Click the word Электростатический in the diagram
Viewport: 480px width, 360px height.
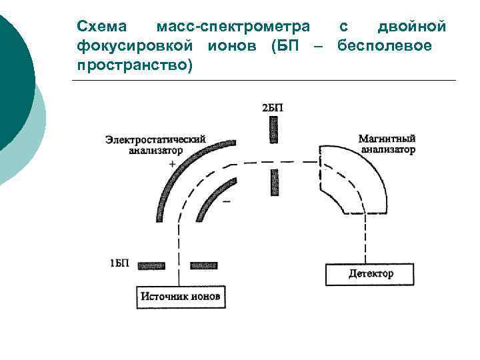tap(155, 139)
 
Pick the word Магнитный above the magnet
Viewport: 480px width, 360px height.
tap(387, 139)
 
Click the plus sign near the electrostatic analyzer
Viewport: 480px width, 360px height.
tap(173, 163)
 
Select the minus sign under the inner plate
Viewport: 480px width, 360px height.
tap(227, 200)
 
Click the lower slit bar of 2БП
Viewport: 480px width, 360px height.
tap(273, 182)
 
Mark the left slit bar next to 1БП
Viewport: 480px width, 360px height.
tap(152, 265)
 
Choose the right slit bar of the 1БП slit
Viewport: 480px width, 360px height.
tap(203, 265)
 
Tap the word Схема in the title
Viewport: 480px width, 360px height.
tap(99, 27)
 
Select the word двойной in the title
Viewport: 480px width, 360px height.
tap(411, 27)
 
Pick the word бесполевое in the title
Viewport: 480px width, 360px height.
tap(385, 46)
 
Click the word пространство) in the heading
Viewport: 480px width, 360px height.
tap(134, 65)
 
